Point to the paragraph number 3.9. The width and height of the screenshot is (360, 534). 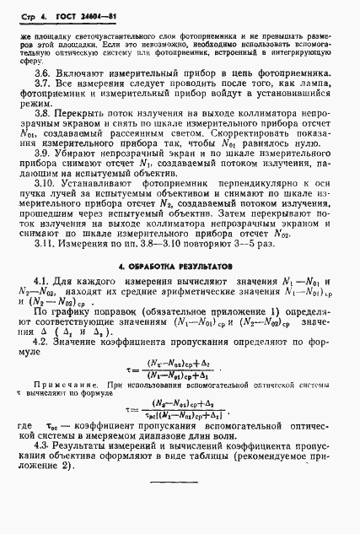42,157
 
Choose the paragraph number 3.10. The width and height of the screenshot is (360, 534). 45,192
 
